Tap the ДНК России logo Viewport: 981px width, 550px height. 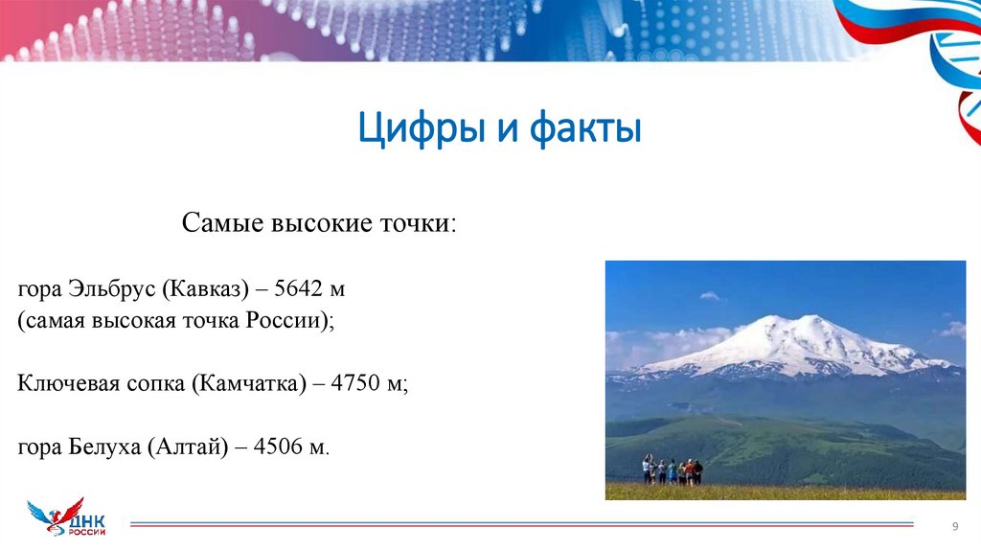point(67,518)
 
